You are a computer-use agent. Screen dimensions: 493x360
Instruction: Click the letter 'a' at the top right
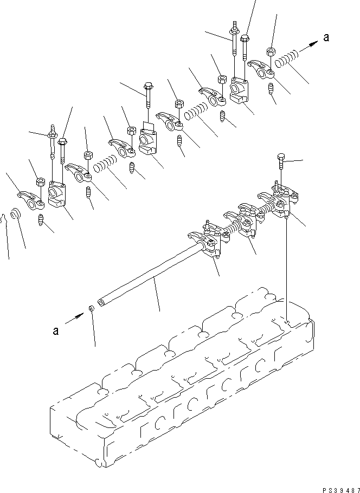326,37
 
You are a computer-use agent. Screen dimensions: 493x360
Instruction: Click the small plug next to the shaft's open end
92,309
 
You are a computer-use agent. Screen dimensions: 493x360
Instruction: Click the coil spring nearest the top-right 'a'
286,58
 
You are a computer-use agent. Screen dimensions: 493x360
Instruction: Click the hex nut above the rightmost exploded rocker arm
269,53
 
